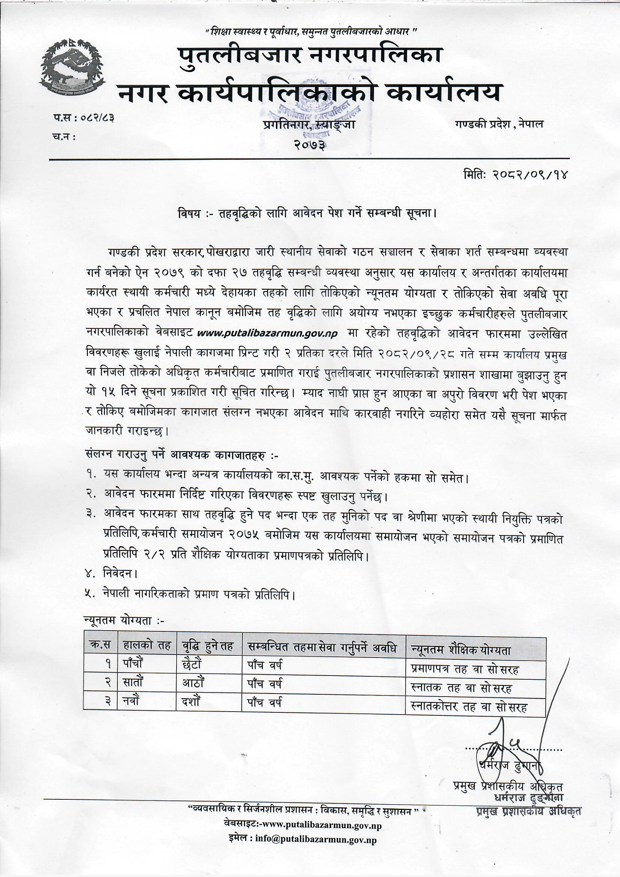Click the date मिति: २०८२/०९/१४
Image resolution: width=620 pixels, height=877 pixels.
[x=515, y=175]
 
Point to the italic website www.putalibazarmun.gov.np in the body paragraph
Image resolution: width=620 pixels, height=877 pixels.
[x=267, y=333]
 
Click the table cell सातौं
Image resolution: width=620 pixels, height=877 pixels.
[x=133, y=683]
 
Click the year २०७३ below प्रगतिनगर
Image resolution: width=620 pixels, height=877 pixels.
[x=310, y=145]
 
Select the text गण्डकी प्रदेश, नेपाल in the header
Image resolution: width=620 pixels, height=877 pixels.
[x=499, y=124]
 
